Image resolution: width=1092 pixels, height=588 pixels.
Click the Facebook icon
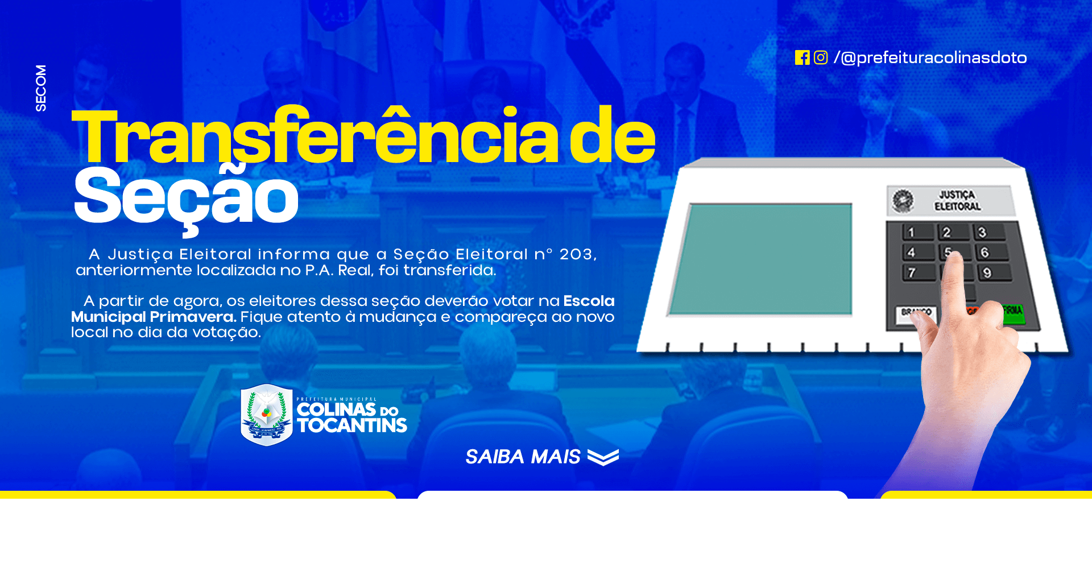[x=802, y=57]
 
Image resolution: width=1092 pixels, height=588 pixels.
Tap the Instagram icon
[x=821, y=57]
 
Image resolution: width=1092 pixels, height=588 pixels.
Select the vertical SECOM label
[x=41, y=88]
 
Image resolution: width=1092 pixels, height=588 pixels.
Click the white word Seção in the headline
[x=186, y=197]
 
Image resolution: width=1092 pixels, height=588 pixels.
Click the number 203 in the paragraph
[x=576, y=254]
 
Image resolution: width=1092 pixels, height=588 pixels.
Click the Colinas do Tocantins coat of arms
[x=266, y=415]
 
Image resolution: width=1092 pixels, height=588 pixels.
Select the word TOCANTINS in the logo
[x=352, y=425]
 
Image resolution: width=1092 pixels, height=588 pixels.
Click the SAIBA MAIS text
[x=523, y=457]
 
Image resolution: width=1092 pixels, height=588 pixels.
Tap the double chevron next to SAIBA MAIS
[x=603, y=457]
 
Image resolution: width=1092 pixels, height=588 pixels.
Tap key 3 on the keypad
[x=990, y=232]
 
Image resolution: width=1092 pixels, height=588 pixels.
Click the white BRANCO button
[x=915, y=313]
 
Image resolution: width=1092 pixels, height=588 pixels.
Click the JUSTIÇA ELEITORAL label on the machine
[x=958, y=201]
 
